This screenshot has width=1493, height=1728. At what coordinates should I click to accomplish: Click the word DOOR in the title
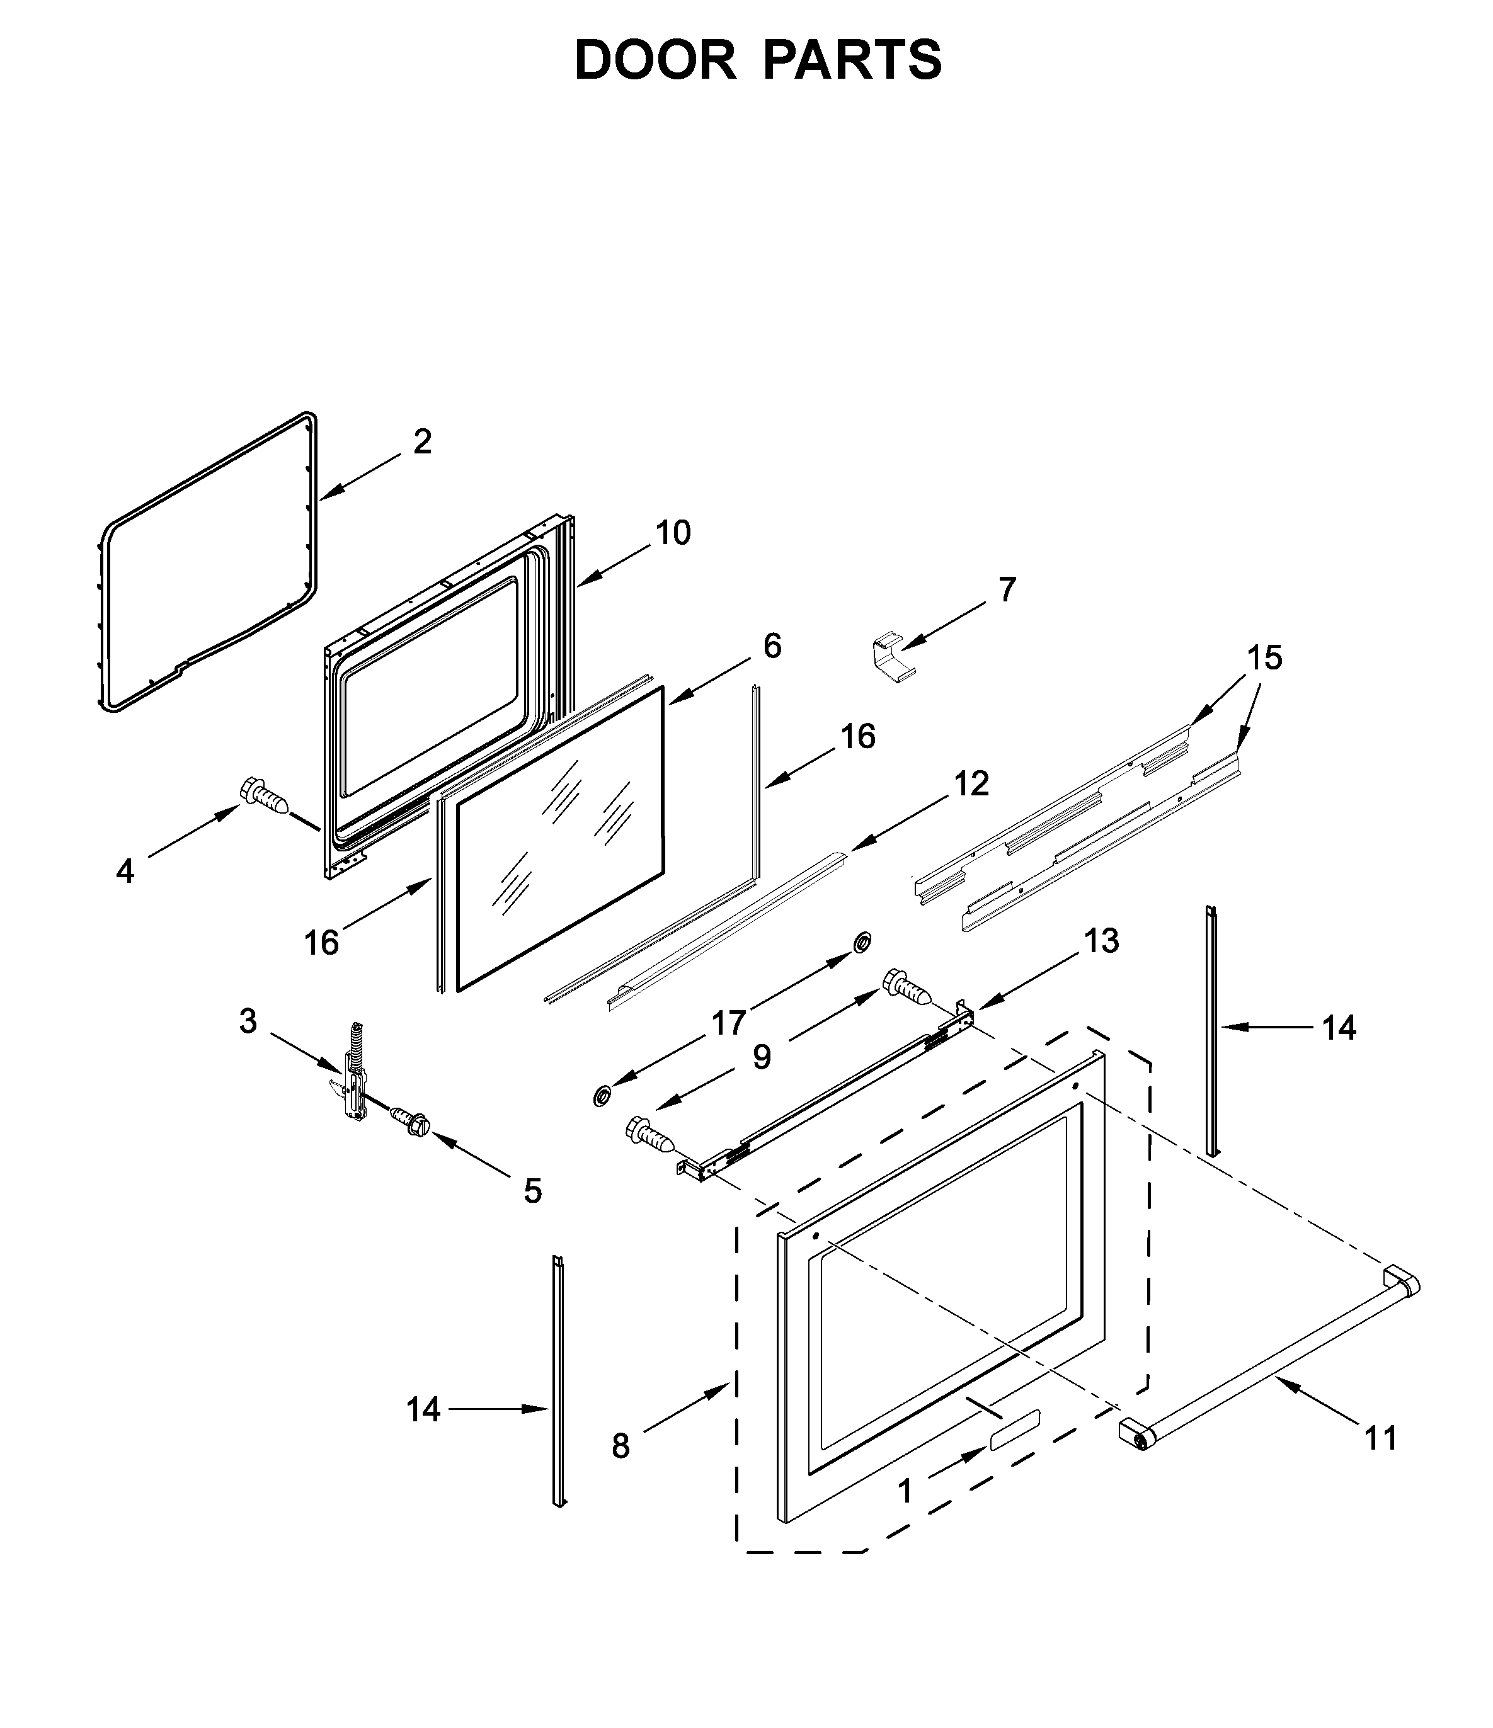click(655, 60)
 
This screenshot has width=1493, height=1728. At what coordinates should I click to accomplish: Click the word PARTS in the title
click(852, 60)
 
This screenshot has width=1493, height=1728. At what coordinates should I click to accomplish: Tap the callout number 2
click(422, 442)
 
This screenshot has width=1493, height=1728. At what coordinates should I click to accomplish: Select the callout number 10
click(672, 532)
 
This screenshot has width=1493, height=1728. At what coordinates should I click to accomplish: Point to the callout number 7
click(1007, 589)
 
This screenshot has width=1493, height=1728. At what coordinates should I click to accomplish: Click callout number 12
click(971, 784)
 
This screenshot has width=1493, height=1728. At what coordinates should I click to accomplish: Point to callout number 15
click(1264, 658)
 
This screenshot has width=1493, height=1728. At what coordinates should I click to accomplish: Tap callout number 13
click(1101, 941)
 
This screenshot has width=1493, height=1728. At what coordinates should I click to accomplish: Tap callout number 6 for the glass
click(772, 645)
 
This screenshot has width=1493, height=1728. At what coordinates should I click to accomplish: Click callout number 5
click(532, 1191)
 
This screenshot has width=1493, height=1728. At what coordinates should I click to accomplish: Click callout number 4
click(125, 872)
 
